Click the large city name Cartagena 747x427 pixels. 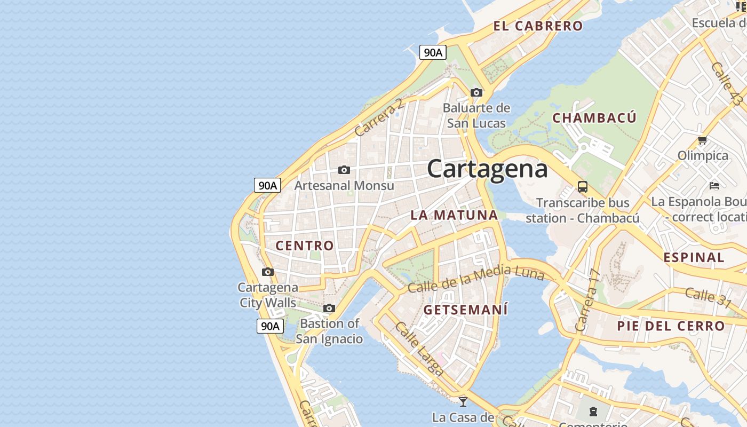tap(487, 169)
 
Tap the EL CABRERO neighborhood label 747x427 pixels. tap(538, 26)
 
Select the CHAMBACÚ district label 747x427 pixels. tap(594, 118)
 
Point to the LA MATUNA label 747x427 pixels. tap(454, 215)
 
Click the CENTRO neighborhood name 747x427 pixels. tap(305, 246)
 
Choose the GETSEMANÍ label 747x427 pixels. tap(465, 310)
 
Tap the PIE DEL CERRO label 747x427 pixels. tap(671, 326)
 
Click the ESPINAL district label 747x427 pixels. tap(694, 257)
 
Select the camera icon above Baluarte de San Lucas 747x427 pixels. tap(476, 92)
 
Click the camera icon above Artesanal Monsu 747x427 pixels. tap(344, 170)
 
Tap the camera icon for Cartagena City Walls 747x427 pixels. tap(268, 272)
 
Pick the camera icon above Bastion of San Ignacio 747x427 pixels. tap(329, 308)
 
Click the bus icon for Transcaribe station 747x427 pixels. tap(583, 187)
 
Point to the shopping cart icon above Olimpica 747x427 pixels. tap(702, 140)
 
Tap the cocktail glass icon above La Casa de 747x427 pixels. tap(463, 401)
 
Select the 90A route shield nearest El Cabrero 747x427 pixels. tap(433, 52)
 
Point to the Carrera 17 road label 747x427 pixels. tap(588, 299)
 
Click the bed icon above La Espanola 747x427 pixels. tap(714, 186)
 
